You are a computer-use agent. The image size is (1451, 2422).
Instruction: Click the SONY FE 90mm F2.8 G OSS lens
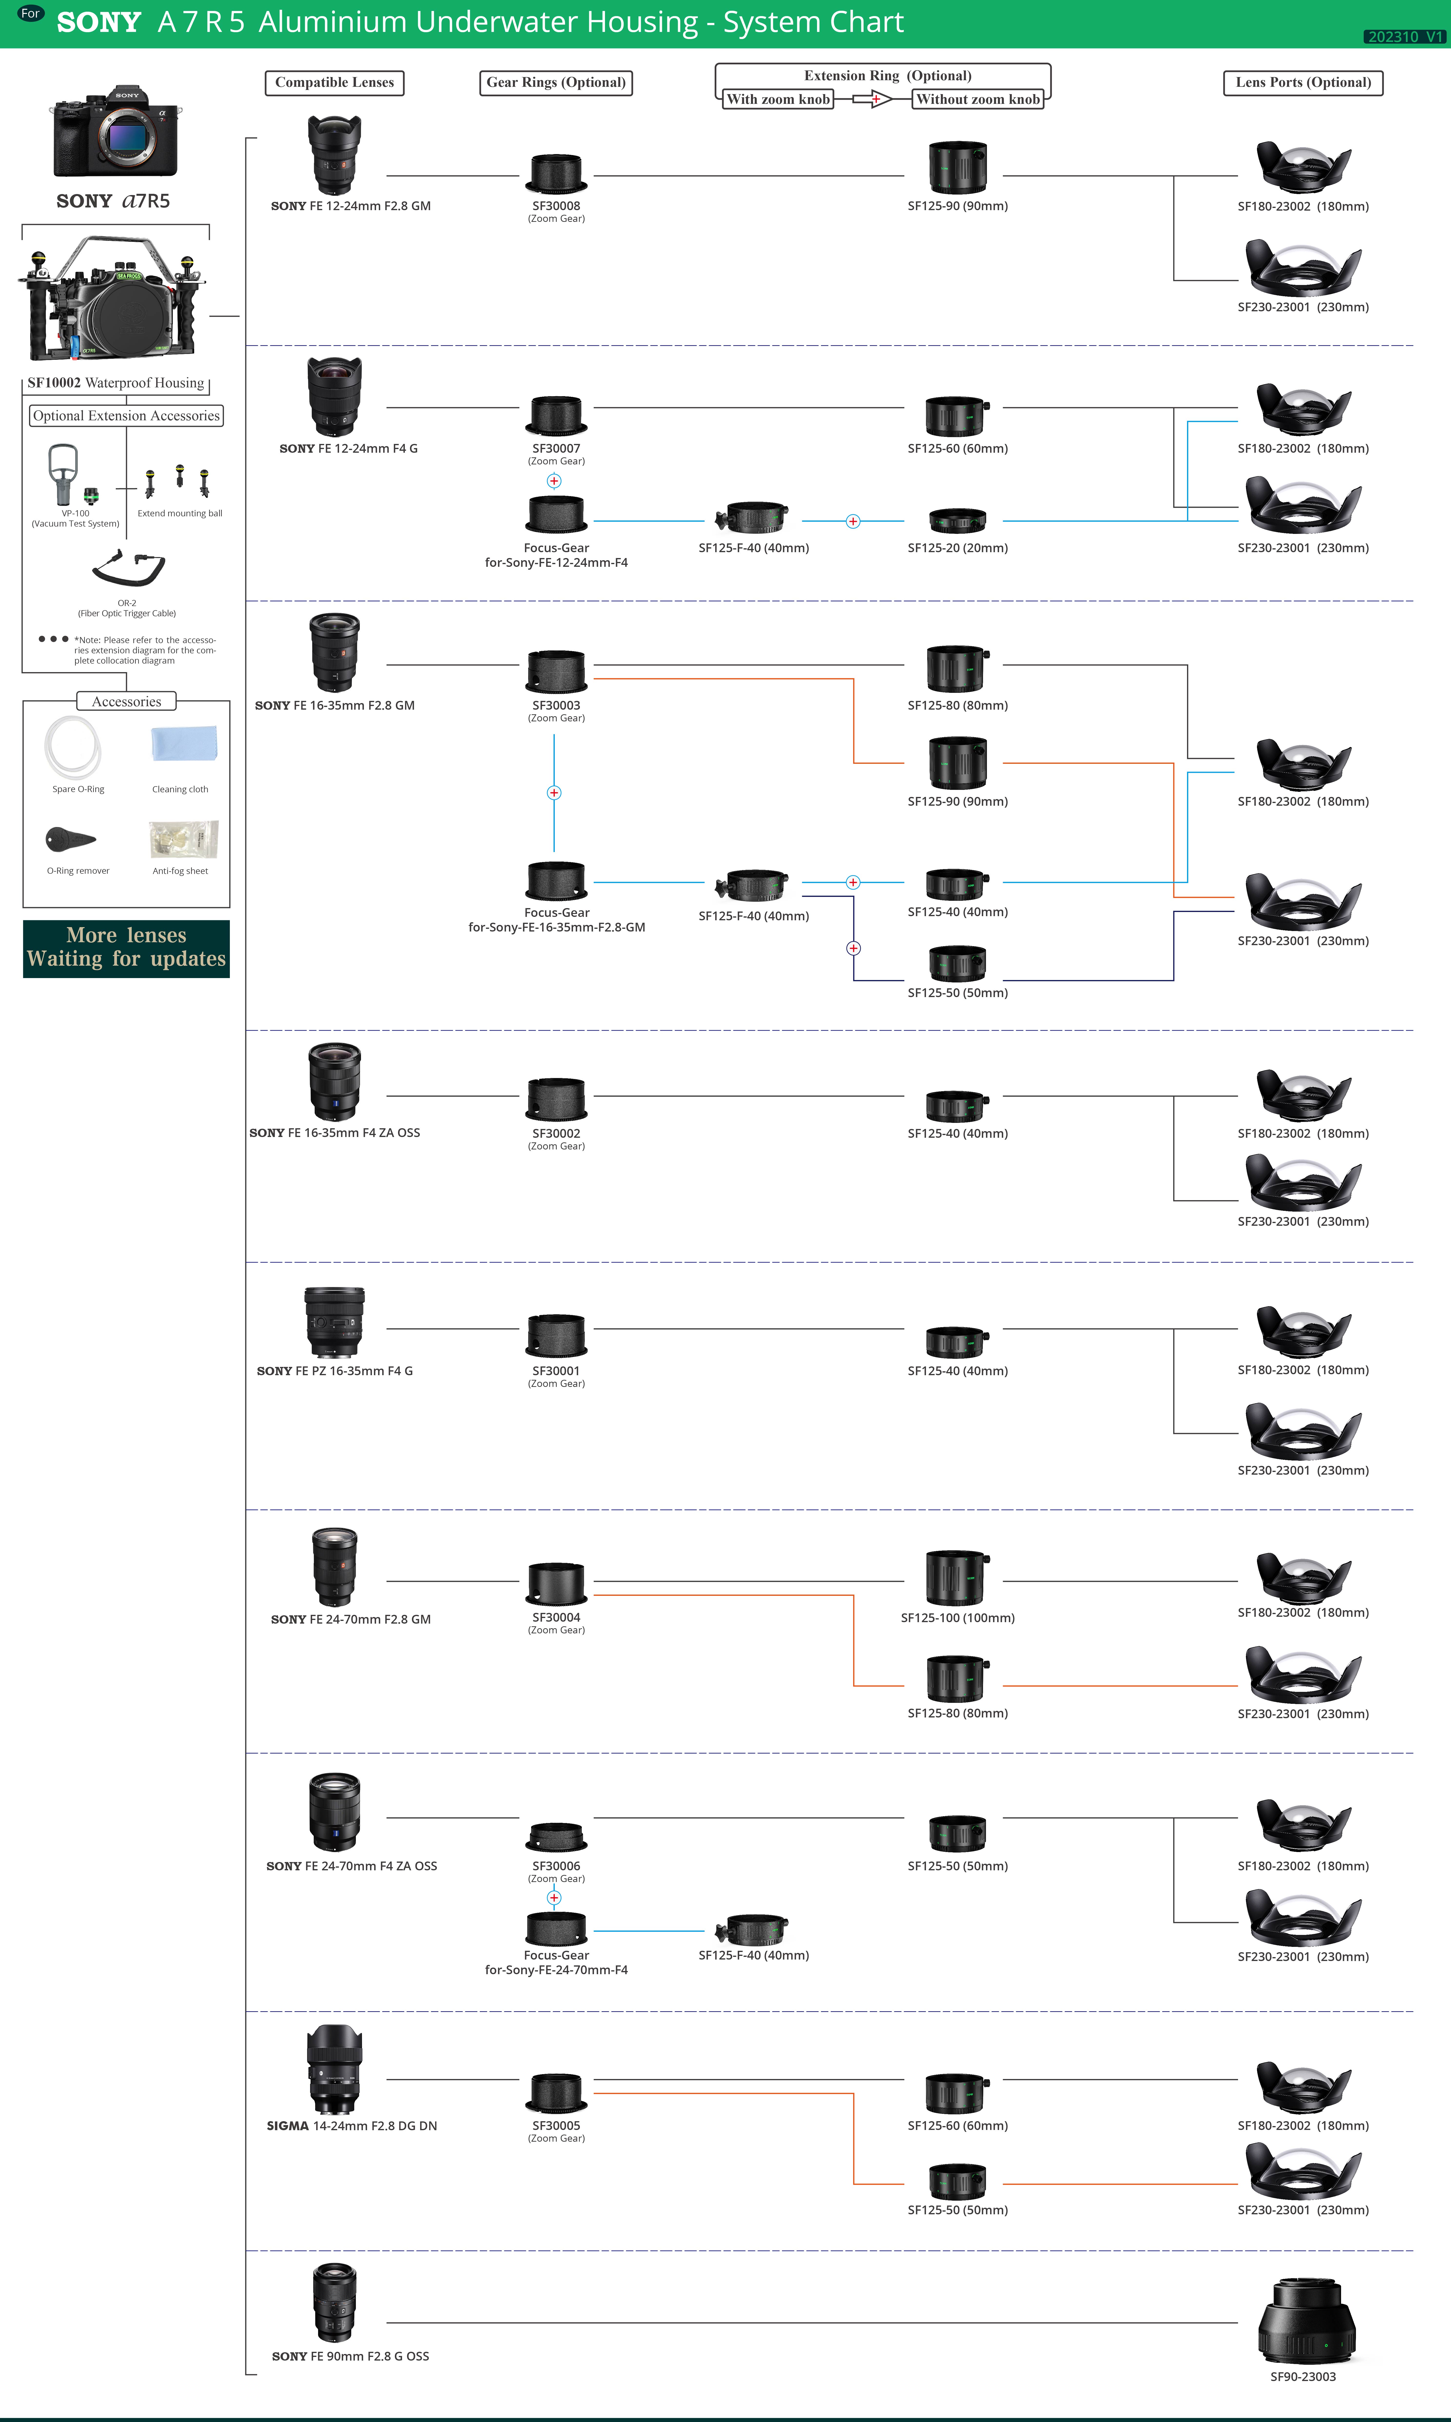tap(334, 2303)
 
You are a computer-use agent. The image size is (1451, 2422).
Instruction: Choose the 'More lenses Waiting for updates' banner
tap(126, 948)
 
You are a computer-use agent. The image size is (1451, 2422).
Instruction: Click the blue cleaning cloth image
tap(184, 743)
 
